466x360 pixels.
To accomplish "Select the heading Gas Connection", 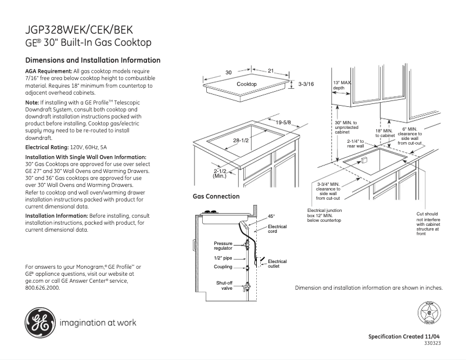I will pyautogui.click(x=216, y=196).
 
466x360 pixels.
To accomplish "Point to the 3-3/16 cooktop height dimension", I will pyautogui.click(x=306, y=85).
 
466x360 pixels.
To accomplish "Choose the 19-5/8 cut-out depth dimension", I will pyautogui.click(x=283, y=122).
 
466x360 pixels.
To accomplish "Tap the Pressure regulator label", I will pyautogui.click(x=223, y=246).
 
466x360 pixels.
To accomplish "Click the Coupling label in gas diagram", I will pyautogui.click(x=223, y=267).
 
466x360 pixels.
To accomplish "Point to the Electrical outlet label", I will pyautogui.click(x=277, y=264).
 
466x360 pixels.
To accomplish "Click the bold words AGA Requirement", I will pyautogui.click(x=49, y=71).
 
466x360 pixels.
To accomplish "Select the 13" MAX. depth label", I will pyautogui.click(x=343, y=85).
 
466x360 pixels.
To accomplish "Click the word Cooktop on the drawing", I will pyautogui.click(x=246, y=85).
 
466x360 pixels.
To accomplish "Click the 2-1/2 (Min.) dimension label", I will pyautogui.click(x=220, y=173).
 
